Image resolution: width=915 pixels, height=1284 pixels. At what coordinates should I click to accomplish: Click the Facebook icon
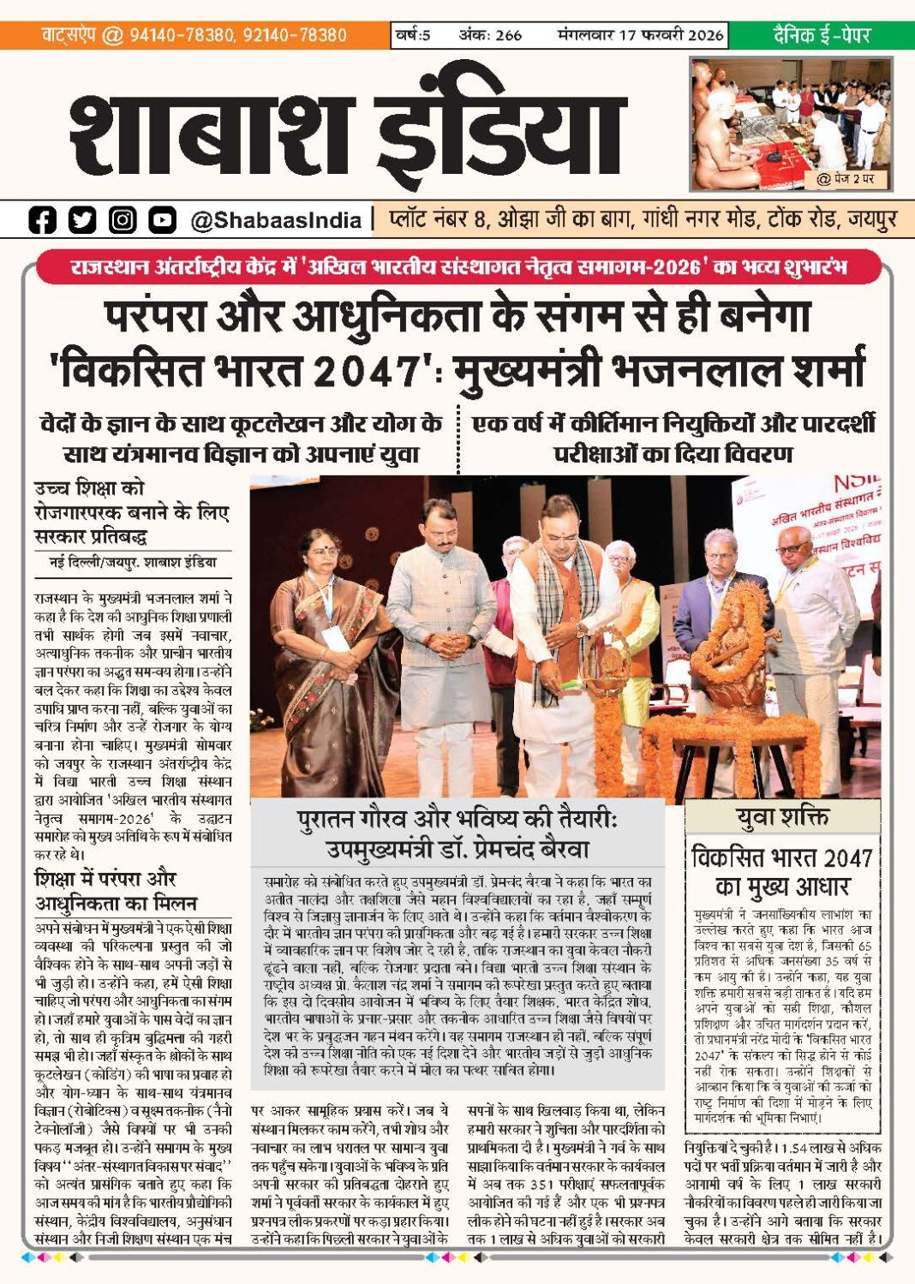[x=42, y=220]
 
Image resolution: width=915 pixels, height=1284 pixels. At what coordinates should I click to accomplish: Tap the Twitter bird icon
[x=82, y=220]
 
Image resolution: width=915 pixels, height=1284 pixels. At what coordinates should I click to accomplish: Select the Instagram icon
[x=123, y=220]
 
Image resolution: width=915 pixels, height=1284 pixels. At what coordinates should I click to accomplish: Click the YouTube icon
[x=162, y=220]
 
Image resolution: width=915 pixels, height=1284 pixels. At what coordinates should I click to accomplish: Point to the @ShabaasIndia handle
[x=275, y=221]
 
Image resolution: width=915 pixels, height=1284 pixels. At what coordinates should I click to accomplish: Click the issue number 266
[x=508, y=35]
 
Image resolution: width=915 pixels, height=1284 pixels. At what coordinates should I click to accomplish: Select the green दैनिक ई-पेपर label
[x=821, y=35]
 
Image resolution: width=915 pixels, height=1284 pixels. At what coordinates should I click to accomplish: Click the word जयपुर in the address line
[x=872, y=219]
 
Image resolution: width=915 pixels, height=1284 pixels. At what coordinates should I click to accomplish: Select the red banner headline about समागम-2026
[x=457, y=267]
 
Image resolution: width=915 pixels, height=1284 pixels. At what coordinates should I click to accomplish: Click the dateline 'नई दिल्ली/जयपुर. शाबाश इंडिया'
[x=133, y=563]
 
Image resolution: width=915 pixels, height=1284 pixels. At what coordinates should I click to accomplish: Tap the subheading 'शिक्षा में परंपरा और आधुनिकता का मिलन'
[x=116, y=891]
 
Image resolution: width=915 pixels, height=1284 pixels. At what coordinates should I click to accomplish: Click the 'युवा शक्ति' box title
[x=782, y=817]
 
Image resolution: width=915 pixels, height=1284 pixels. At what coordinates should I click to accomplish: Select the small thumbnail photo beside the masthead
[x=790, y=123]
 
